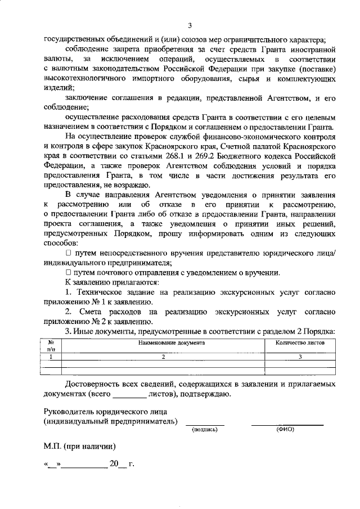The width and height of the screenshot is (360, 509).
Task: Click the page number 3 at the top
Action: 190,26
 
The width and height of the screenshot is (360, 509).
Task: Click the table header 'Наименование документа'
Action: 164,343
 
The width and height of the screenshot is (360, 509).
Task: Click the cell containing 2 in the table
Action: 164,357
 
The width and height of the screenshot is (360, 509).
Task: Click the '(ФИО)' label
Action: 287,430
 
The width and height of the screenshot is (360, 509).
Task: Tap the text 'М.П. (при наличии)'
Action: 80,447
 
